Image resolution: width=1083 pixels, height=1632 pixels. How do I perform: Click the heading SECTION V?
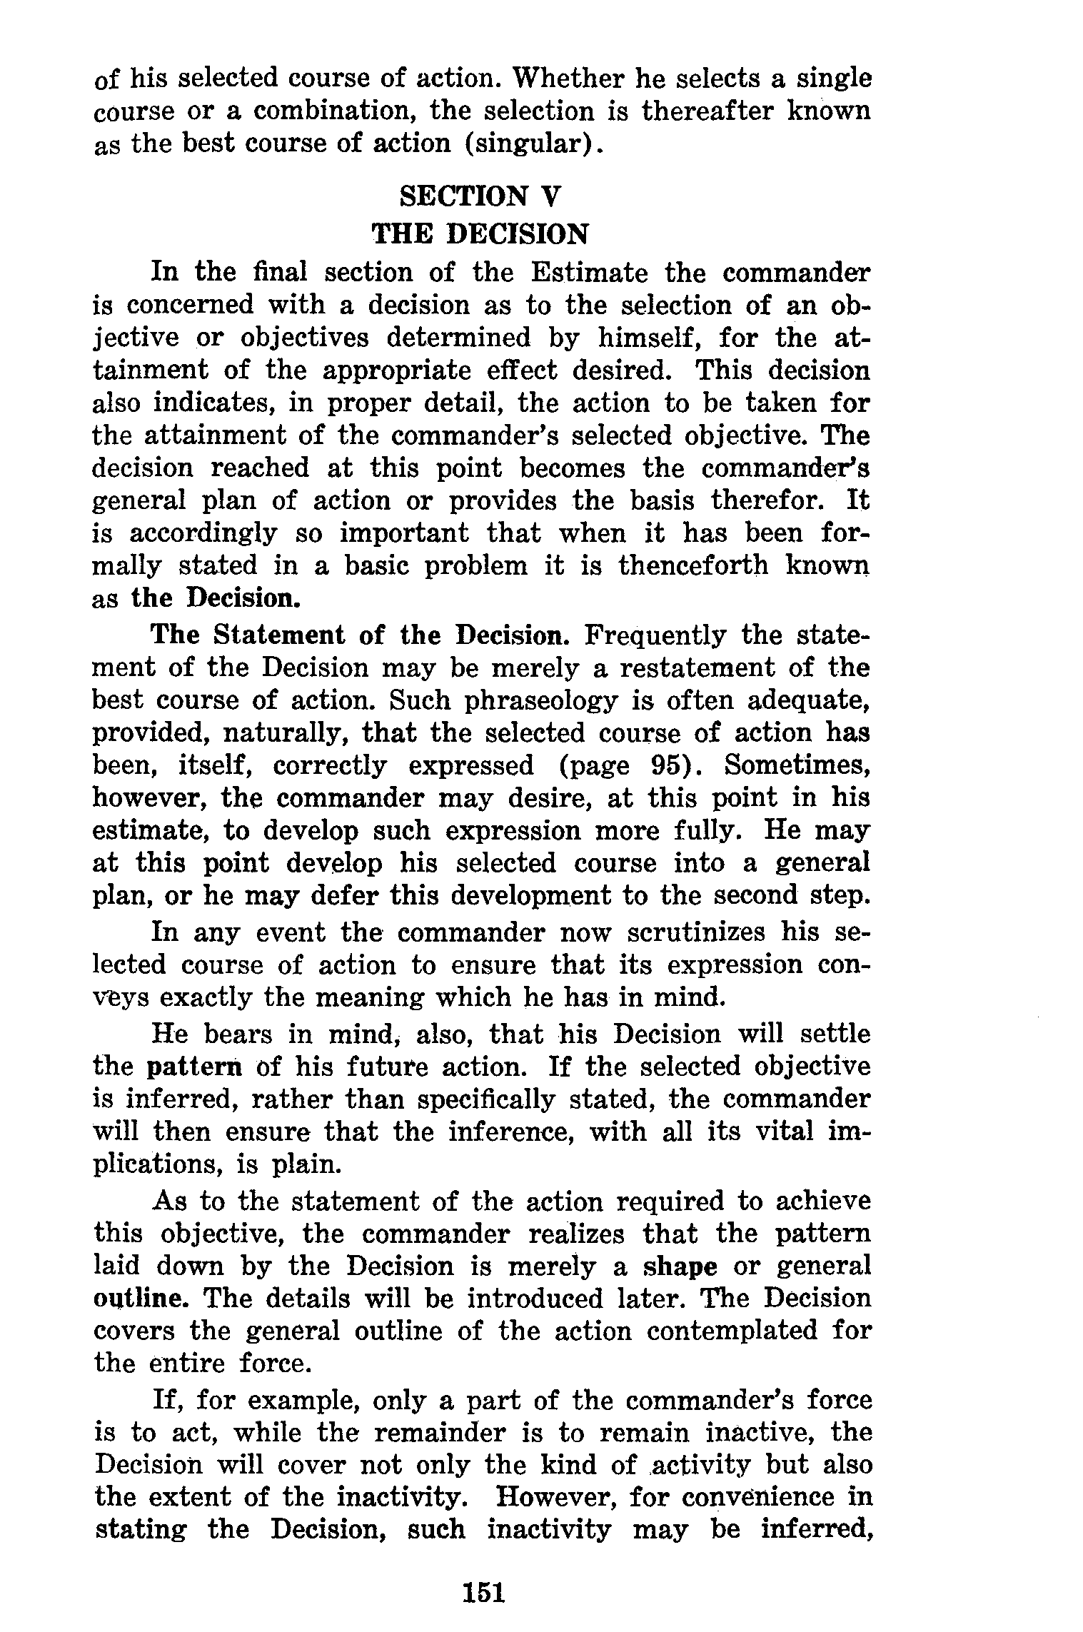coord(481,196)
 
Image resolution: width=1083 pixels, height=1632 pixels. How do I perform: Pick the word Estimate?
coord(589,272)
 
